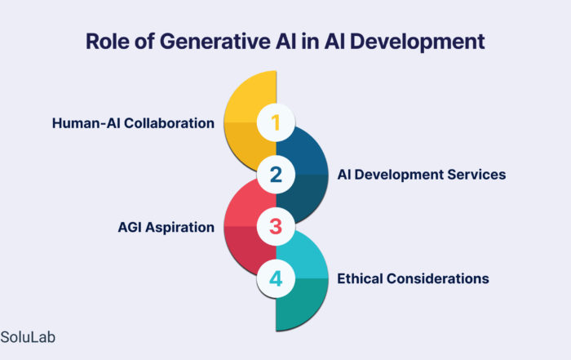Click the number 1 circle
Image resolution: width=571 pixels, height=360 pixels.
(276, 122)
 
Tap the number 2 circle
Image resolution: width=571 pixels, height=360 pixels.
(276, 175)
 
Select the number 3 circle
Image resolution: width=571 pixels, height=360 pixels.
(276, 227)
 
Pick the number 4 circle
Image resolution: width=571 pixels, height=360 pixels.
(276, 278)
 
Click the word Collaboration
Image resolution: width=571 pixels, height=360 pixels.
(169, 123)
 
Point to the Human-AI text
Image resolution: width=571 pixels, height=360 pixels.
(87, 123)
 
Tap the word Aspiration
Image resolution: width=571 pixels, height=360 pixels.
(180, 228)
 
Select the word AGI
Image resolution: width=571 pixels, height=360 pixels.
(130, 228)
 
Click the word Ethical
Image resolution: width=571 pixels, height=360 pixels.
(360, 278)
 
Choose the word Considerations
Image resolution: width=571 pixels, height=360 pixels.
(438, 278)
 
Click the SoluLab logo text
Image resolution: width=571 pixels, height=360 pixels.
(28, 337)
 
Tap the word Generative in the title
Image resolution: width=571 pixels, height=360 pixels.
(215, 41)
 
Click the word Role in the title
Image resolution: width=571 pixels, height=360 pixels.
(108, 41)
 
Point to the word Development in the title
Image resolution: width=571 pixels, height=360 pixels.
(417, 42)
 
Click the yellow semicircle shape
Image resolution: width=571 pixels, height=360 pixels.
(250, 120)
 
